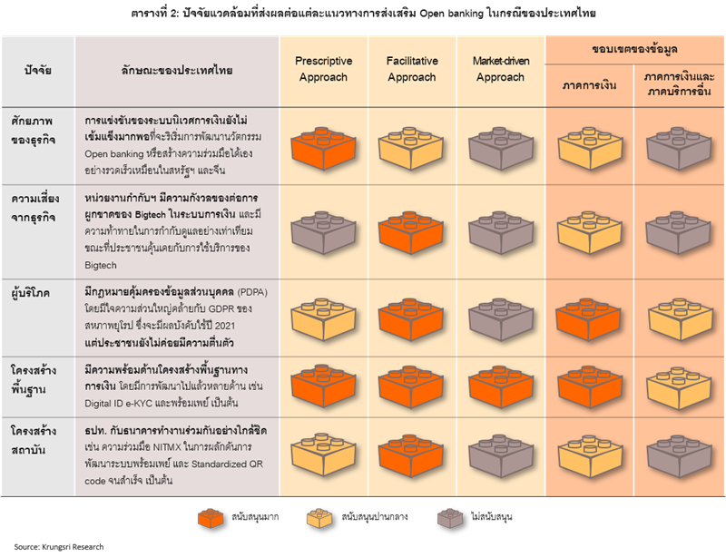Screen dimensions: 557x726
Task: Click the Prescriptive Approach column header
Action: click(x=322, y=69)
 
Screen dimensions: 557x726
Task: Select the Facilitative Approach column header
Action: click(x=412, y=69)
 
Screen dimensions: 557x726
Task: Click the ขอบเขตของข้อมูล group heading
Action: click(x=634, y=51)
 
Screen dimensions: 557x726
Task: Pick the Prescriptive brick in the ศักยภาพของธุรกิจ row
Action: click(x=322, y=146)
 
